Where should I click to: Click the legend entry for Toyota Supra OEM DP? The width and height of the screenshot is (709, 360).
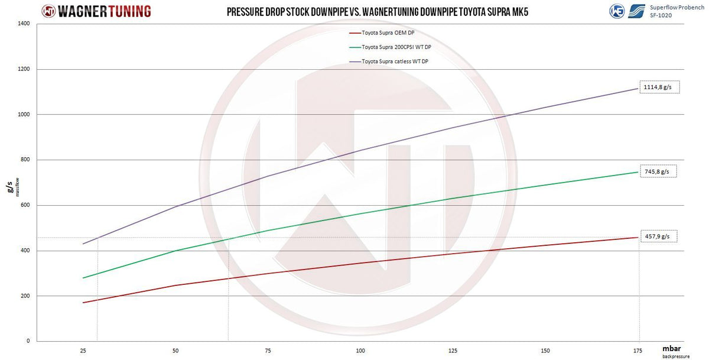(x=382, y=33)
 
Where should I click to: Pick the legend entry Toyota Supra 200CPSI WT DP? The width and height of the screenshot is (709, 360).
(x=391, y=47)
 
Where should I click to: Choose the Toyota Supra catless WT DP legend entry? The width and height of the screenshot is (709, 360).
(x=389, y=61)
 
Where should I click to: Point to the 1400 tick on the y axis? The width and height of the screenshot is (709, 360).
(x=24, y=24)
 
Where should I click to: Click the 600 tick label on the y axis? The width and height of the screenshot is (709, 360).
(x=25, y=205)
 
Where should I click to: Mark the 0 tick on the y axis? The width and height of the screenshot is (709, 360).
(x=28, y=341)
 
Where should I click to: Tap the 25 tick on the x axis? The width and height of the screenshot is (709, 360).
(x=83, y=351)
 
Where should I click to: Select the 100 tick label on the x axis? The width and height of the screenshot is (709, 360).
(x=360, y=351)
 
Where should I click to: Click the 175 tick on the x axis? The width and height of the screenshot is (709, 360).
(x=638, y=351)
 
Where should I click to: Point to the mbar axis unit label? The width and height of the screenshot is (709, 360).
(x=672, y=349)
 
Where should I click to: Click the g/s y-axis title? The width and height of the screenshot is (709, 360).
(x=9, y=187)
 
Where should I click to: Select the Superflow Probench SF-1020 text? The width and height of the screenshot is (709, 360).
(x=677, y=11)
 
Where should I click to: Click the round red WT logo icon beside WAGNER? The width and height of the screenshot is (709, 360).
(x=48, y=11)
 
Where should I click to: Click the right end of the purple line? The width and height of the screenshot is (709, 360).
(x=638, y=88)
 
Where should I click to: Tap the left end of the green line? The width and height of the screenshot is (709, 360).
(x=83, y=278)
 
